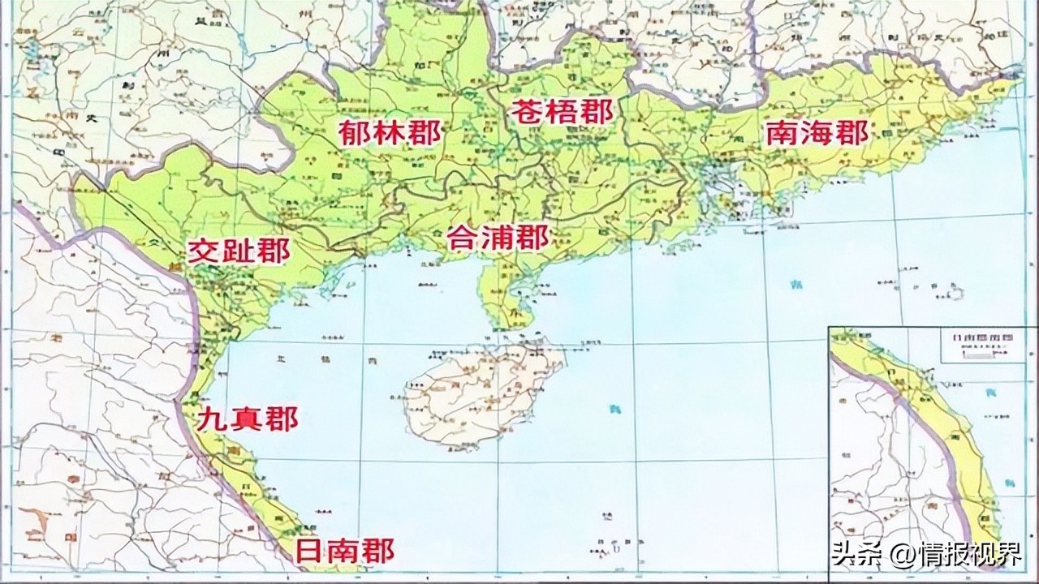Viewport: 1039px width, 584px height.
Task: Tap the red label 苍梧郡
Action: [x=562, y=112]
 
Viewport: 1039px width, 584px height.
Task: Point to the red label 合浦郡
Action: [x=498, y=237]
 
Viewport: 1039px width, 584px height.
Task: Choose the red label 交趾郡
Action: [x=239, y=252]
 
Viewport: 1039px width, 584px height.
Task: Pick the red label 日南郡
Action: [x=343, y=552]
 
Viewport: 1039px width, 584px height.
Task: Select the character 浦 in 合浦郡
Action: [x=498, y=237]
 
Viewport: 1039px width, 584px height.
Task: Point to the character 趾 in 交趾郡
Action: [x=239, y=252]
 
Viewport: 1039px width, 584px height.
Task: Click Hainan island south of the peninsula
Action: [x=479, y=393]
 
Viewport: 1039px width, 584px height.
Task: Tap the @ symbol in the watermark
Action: [x=893, y=556]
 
